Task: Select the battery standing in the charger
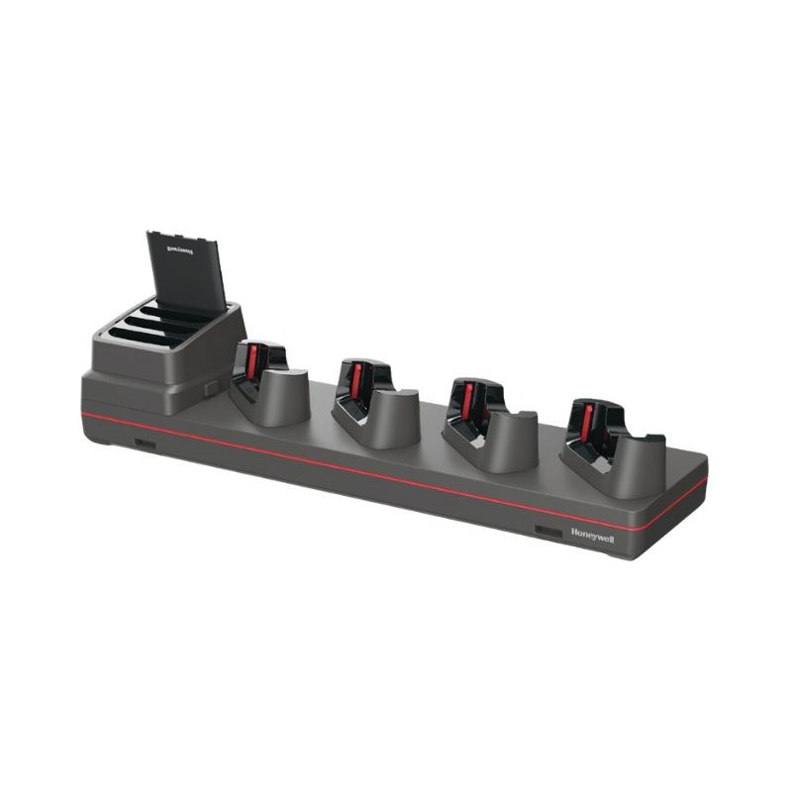(186, 269)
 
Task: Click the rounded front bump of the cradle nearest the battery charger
(283, 396)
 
